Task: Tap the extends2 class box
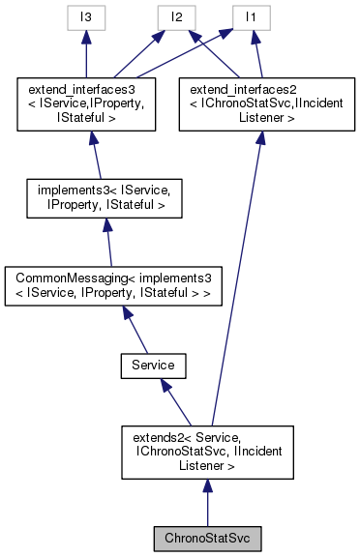click(x=205, y=452)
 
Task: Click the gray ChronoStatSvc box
click(x=205, y=536)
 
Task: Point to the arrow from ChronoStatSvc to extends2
click(x=205, y=503)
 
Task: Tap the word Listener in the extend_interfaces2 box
click(x=259, y=117)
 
